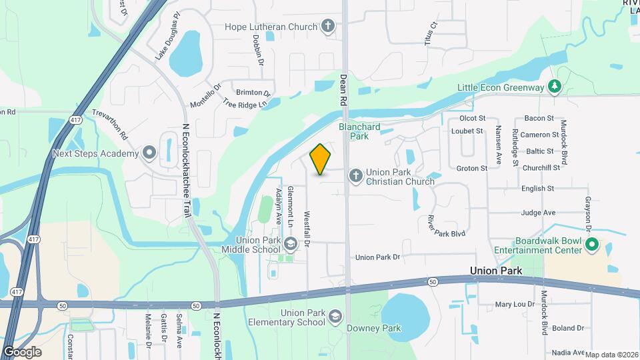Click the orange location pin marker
click(321, 159)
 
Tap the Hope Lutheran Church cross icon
click(327, 26)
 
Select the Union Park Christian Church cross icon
click(356, 175)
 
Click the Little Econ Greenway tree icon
click(553, 86)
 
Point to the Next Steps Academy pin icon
click(149, 153)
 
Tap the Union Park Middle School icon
click(290, 243)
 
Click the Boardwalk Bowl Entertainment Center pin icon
click(591, 245)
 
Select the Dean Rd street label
click(344, 89)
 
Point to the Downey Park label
click(374, 328)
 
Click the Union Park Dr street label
click(377, 257)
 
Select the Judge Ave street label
click(539, 213)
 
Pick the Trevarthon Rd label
click(110, 124)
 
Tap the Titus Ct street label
click(432, 33)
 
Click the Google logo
click(22, 351)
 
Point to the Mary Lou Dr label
click(515, 305)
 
